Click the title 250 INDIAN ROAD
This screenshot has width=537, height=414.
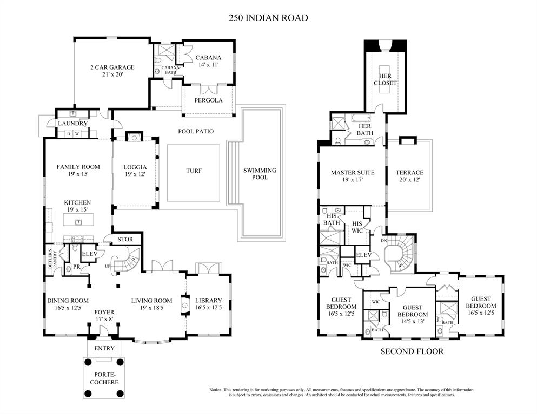268,18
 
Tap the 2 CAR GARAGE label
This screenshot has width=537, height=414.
112,67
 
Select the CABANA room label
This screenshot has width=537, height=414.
208,58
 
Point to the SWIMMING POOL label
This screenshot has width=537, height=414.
260,174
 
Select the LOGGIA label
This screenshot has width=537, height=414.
135,167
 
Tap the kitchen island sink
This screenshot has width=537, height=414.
71,221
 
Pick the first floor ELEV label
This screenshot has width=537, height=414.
89,253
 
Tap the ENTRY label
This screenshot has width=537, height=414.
104,349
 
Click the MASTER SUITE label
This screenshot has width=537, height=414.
352,173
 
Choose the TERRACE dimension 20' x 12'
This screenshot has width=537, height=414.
409,180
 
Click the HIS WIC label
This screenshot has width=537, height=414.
357,227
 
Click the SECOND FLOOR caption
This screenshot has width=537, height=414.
412,352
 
